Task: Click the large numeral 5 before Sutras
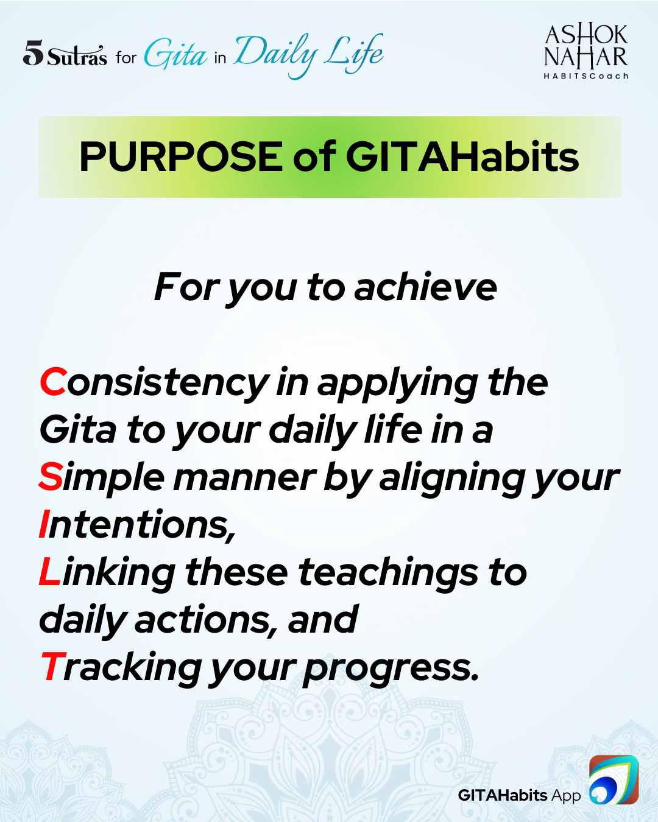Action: [34, 53]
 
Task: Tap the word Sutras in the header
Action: [77, 56]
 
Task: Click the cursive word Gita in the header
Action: [175, 54]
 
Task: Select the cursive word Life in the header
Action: [353, 52]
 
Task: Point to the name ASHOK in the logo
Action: [586, 35]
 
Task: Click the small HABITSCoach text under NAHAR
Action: [586, 76]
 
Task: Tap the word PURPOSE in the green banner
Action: [181, 157]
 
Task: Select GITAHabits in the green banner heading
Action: [462, 157]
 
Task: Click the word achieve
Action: [425, 287]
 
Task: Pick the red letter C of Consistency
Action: [54, 382]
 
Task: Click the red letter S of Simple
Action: [51, 477]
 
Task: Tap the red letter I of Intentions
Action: [43, 524]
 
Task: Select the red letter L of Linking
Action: [50, 572]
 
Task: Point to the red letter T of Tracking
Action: [52, 667]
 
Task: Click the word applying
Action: [398, 385]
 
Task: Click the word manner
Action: [245, 478]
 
